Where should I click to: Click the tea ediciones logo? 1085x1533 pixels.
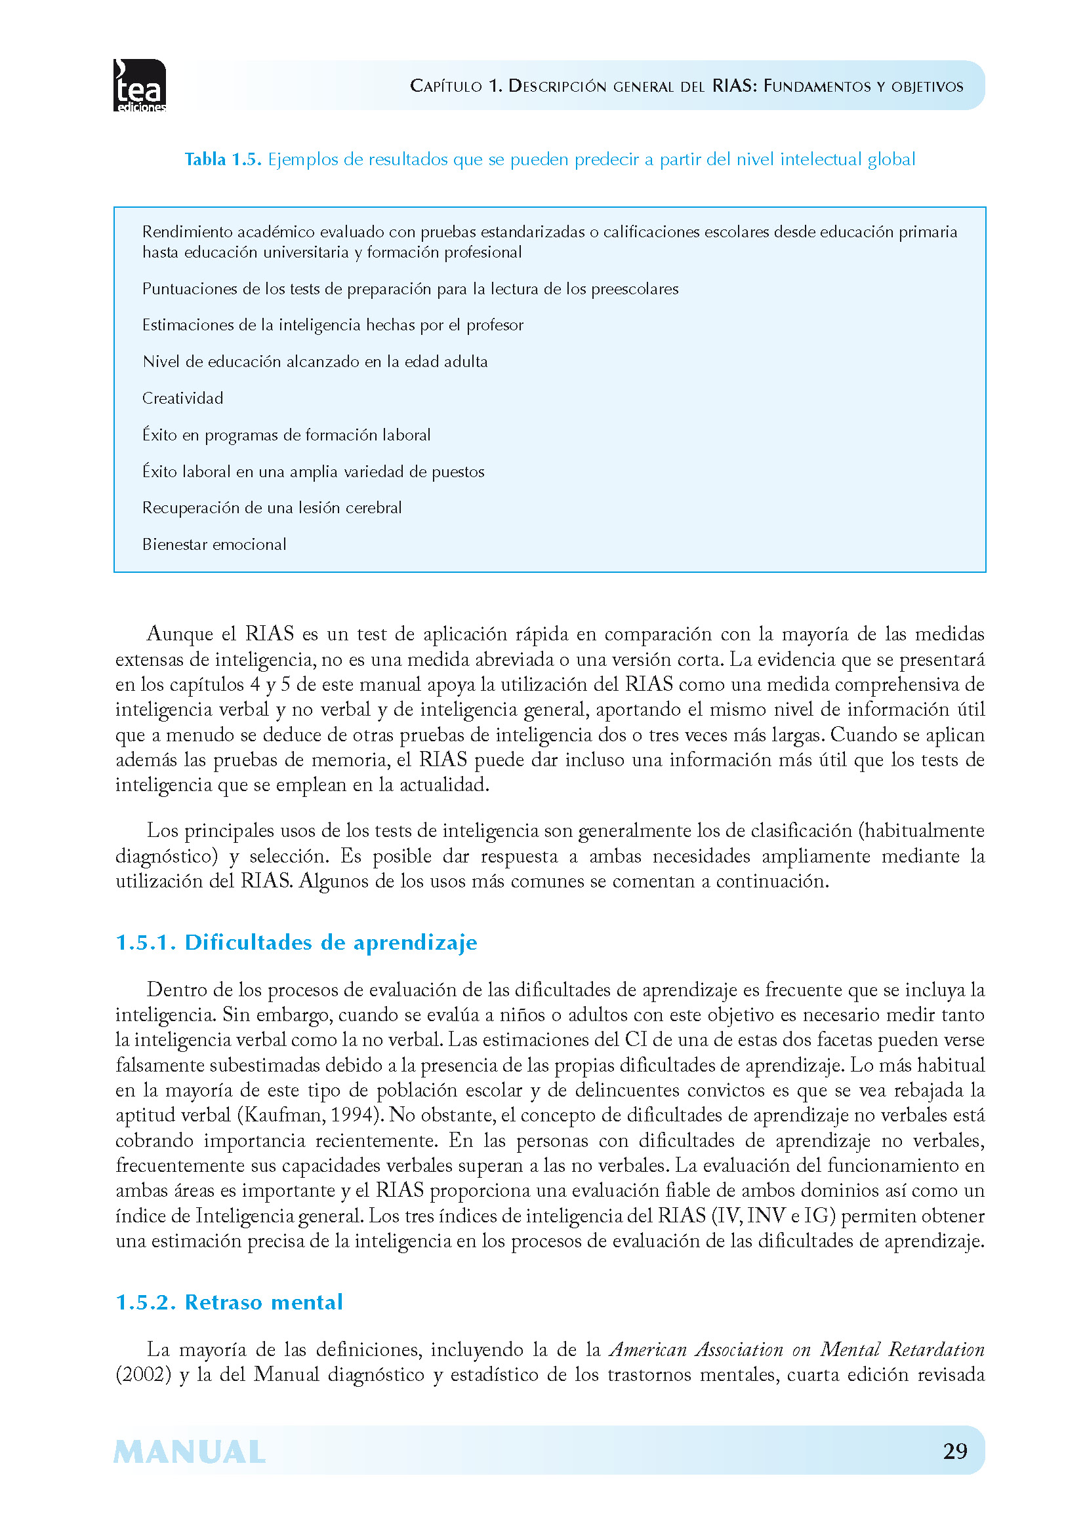pos(140,85)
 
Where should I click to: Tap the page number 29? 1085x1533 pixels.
pos(954,1451)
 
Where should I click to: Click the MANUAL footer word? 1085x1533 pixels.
pos(190,1453)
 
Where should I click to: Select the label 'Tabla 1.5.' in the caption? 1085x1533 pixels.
pos(222,159)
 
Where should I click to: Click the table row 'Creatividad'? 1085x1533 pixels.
pos(183,398)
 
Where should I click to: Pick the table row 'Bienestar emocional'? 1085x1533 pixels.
pos(215,545)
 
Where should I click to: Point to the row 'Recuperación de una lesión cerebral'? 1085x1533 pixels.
pos(272,508)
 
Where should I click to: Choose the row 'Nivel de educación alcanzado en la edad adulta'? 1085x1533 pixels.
pos(315,362)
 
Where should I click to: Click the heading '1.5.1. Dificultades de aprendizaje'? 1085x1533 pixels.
pos(297,942)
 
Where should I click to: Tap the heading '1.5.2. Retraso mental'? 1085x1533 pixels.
pos(229,1303)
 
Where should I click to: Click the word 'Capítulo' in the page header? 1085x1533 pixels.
pos(446,86)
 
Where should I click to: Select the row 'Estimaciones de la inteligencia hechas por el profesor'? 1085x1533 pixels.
pos(333,325)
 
